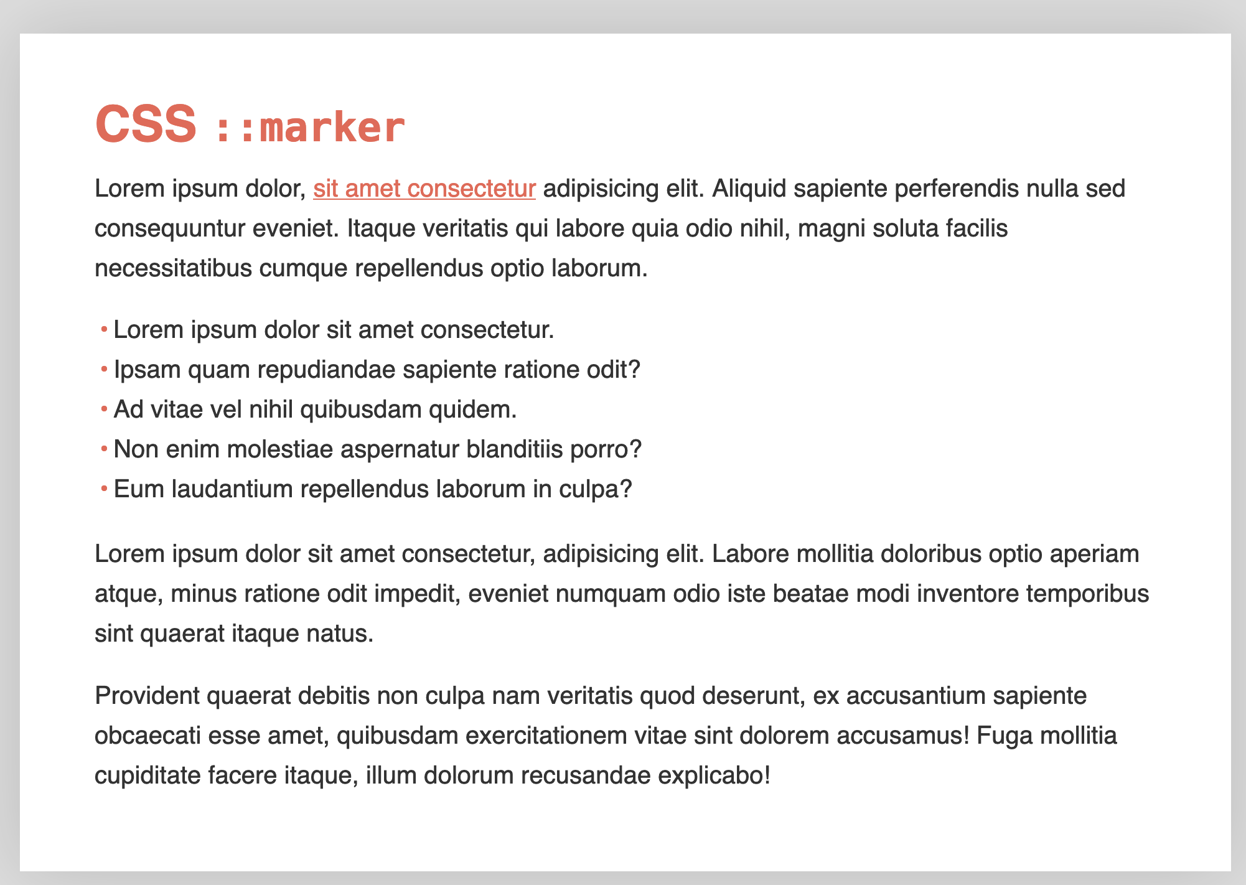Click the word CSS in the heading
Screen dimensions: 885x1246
click(x=146, y=124)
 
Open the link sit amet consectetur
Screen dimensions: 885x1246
click(x=424, y=189)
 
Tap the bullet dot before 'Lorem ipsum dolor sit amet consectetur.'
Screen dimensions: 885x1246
click(x=104, y=329)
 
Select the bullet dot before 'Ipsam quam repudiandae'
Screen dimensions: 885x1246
click(x=104, y=370)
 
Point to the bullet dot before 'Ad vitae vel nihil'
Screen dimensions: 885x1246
click(x=104, y=410)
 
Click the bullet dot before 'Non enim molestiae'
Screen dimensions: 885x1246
click(x=104, y=449)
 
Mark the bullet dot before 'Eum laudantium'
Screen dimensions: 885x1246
click(x=104, y=489)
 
